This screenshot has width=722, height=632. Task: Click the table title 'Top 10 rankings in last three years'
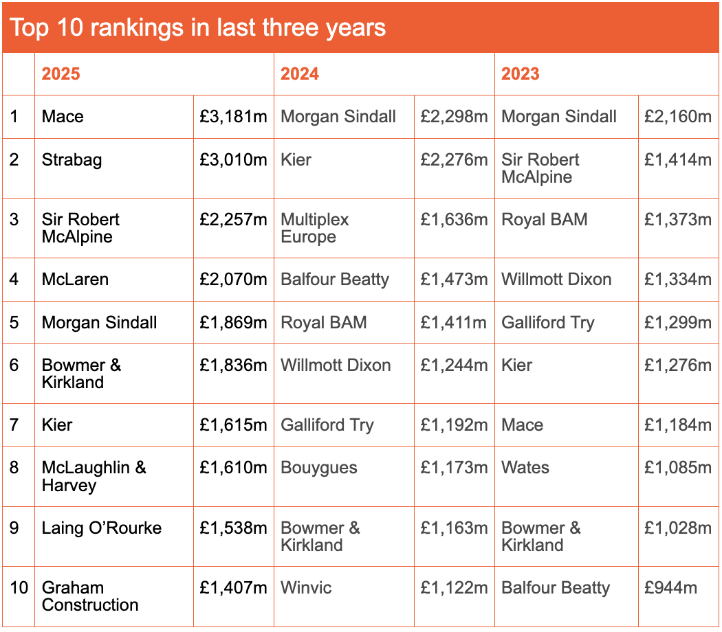(197, 27)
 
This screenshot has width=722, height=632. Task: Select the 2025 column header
(61, 74)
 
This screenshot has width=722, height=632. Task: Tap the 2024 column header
(300, 74)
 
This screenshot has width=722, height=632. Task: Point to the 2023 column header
(521, 74)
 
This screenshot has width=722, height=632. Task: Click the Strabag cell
(72, 160)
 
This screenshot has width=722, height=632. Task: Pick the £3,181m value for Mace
(233, 117)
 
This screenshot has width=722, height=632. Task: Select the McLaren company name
(75, 280)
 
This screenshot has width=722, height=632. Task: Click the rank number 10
(19, 588)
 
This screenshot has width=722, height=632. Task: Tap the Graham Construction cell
(90, 596)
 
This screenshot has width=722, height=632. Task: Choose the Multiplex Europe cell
(315, 228)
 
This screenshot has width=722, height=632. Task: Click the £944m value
(670, 588)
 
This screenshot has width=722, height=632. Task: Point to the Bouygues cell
(319, 468)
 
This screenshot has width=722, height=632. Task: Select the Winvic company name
(306, 588)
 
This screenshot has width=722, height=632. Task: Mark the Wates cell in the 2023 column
(525, 468)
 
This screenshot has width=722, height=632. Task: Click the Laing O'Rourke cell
(102, 528)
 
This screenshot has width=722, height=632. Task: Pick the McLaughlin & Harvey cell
(94, 476)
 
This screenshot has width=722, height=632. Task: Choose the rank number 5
(15, 323)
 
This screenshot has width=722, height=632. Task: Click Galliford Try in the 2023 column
(548, 323)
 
